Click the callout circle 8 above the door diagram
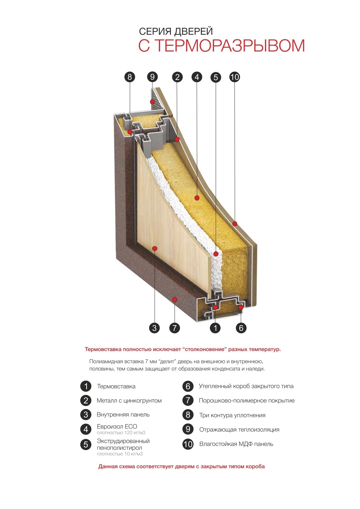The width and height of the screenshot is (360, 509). click(x=130, y=77)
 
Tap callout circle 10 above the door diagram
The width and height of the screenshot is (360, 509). click(x=234, y=77)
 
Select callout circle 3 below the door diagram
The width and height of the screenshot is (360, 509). click(x=154, y=328)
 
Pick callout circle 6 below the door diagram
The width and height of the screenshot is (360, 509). click(x=241, y=328)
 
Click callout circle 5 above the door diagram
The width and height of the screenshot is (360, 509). click(x=216, y=77)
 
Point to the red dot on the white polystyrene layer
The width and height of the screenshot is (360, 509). click(x=216, y=253)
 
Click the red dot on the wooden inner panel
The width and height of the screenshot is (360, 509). click(x=155, y=249)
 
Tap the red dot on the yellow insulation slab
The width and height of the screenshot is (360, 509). click(x=197, y=198)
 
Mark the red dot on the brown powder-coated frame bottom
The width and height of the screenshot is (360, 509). click(x=175, y=299)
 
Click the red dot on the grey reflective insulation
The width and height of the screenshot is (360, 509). click(x=152, y=102)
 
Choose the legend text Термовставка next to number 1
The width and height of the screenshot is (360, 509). click(x=116, y=386)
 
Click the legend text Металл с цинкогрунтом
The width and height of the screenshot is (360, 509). click(x=129, y=400)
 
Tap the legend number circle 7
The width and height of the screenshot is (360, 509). click(x=188, y=400)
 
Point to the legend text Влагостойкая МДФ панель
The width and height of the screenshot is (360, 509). click(x=236, y=444)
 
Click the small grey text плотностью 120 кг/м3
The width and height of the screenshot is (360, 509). click(x=121, y=432)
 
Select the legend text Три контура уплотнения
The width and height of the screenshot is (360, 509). click(x=232, y=415)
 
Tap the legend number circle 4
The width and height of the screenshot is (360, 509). click(x=86, y=429)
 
